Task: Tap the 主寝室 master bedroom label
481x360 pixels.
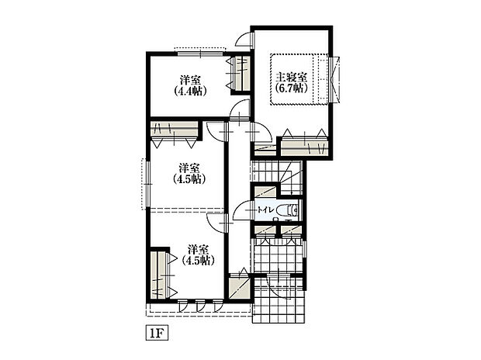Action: click(291, 77)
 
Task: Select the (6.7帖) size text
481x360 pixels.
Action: click(291, 88)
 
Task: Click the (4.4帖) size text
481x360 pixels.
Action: click(189, 91)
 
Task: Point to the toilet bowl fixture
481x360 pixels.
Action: click(290, 209)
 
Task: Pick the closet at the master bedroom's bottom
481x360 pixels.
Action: click(303, 144)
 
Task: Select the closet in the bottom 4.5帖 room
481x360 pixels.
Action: click(161, 275)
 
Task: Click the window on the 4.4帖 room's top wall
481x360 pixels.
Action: click(198, 51)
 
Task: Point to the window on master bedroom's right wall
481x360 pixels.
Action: click(336, 78)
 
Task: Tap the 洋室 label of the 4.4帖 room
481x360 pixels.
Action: click(189, 80)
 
